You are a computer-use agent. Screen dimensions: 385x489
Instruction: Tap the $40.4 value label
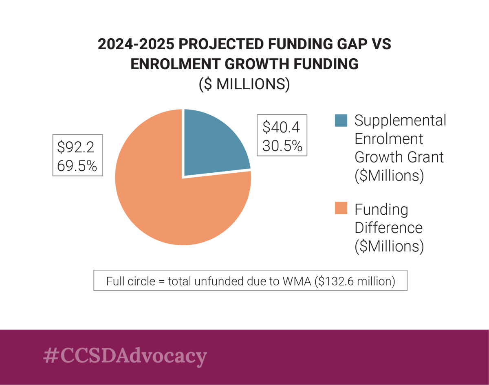281,127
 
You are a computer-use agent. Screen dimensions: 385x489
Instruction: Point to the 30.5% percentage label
282,145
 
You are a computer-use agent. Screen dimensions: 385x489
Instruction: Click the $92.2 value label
76,147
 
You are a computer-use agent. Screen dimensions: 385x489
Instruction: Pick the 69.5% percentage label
77,165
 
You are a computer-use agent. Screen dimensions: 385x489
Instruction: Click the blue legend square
341,121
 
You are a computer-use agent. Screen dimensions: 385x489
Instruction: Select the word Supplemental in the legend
400,121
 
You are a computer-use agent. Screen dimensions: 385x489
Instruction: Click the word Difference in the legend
388,227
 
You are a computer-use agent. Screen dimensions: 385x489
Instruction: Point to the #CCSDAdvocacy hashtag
125,355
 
